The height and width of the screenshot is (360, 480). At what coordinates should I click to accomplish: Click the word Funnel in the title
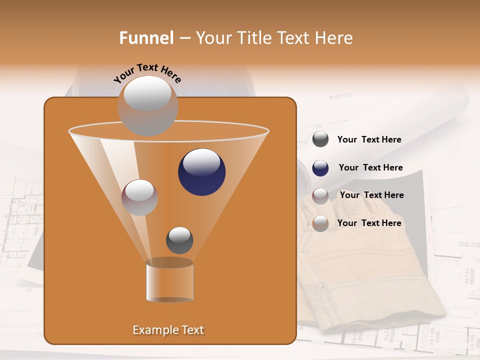point(146,38)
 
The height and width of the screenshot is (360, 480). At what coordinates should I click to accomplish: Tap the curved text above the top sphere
point(147,73)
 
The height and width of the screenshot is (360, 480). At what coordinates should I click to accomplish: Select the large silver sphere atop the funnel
point(147,105)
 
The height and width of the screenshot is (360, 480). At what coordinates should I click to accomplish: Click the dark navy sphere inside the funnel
point(201,171)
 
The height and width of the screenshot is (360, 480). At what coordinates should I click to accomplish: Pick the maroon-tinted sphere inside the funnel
point(139,197)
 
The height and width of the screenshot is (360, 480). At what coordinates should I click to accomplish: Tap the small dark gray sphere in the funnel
point(179,240)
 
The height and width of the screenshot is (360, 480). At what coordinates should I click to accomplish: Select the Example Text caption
point(168,330)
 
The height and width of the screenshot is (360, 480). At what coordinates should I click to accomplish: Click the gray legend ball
point(320,139)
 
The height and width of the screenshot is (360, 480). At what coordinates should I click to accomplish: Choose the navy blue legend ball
point(320,168)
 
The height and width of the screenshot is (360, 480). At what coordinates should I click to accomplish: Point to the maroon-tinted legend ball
point(320,195)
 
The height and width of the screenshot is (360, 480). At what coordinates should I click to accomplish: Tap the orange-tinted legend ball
point(320,223)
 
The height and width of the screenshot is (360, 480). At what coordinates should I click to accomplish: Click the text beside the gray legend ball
point(369,139)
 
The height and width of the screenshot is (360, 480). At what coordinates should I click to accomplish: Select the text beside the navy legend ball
point(370,167)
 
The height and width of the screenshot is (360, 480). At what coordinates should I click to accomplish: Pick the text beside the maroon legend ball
point(371,195)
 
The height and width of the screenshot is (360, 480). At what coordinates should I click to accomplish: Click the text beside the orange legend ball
point(369,223)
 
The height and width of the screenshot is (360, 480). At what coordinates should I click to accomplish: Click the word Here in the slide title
point(334,38)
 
